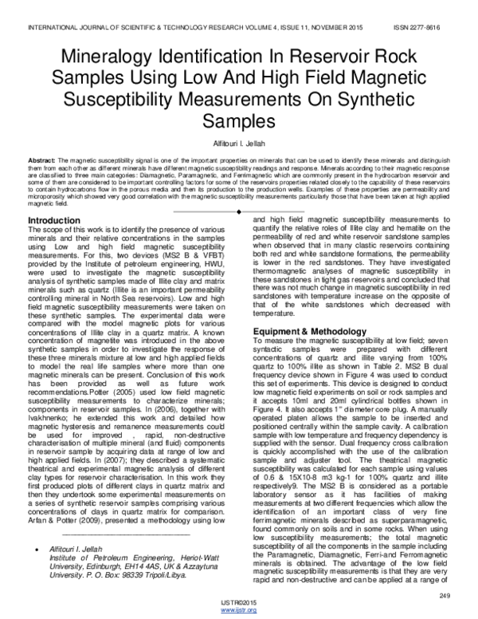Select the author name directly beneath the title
239,140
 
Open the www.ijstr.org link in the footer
239,610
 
